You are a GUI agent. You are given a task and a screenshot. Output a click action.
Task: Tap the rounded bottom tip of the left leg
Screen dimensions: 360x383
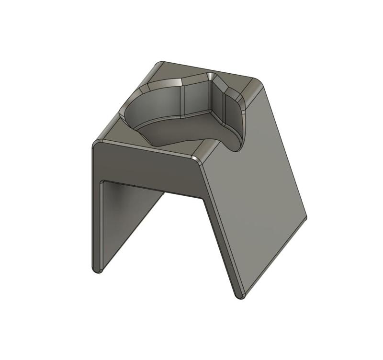(97, 269)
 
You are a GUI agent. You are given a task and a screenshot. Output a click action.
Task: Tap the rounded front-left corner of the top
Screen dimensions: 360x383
(97, 143)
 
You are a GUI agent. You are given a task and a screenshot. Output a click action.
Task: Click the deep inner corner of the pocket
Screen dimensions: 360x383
(211, 112)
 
